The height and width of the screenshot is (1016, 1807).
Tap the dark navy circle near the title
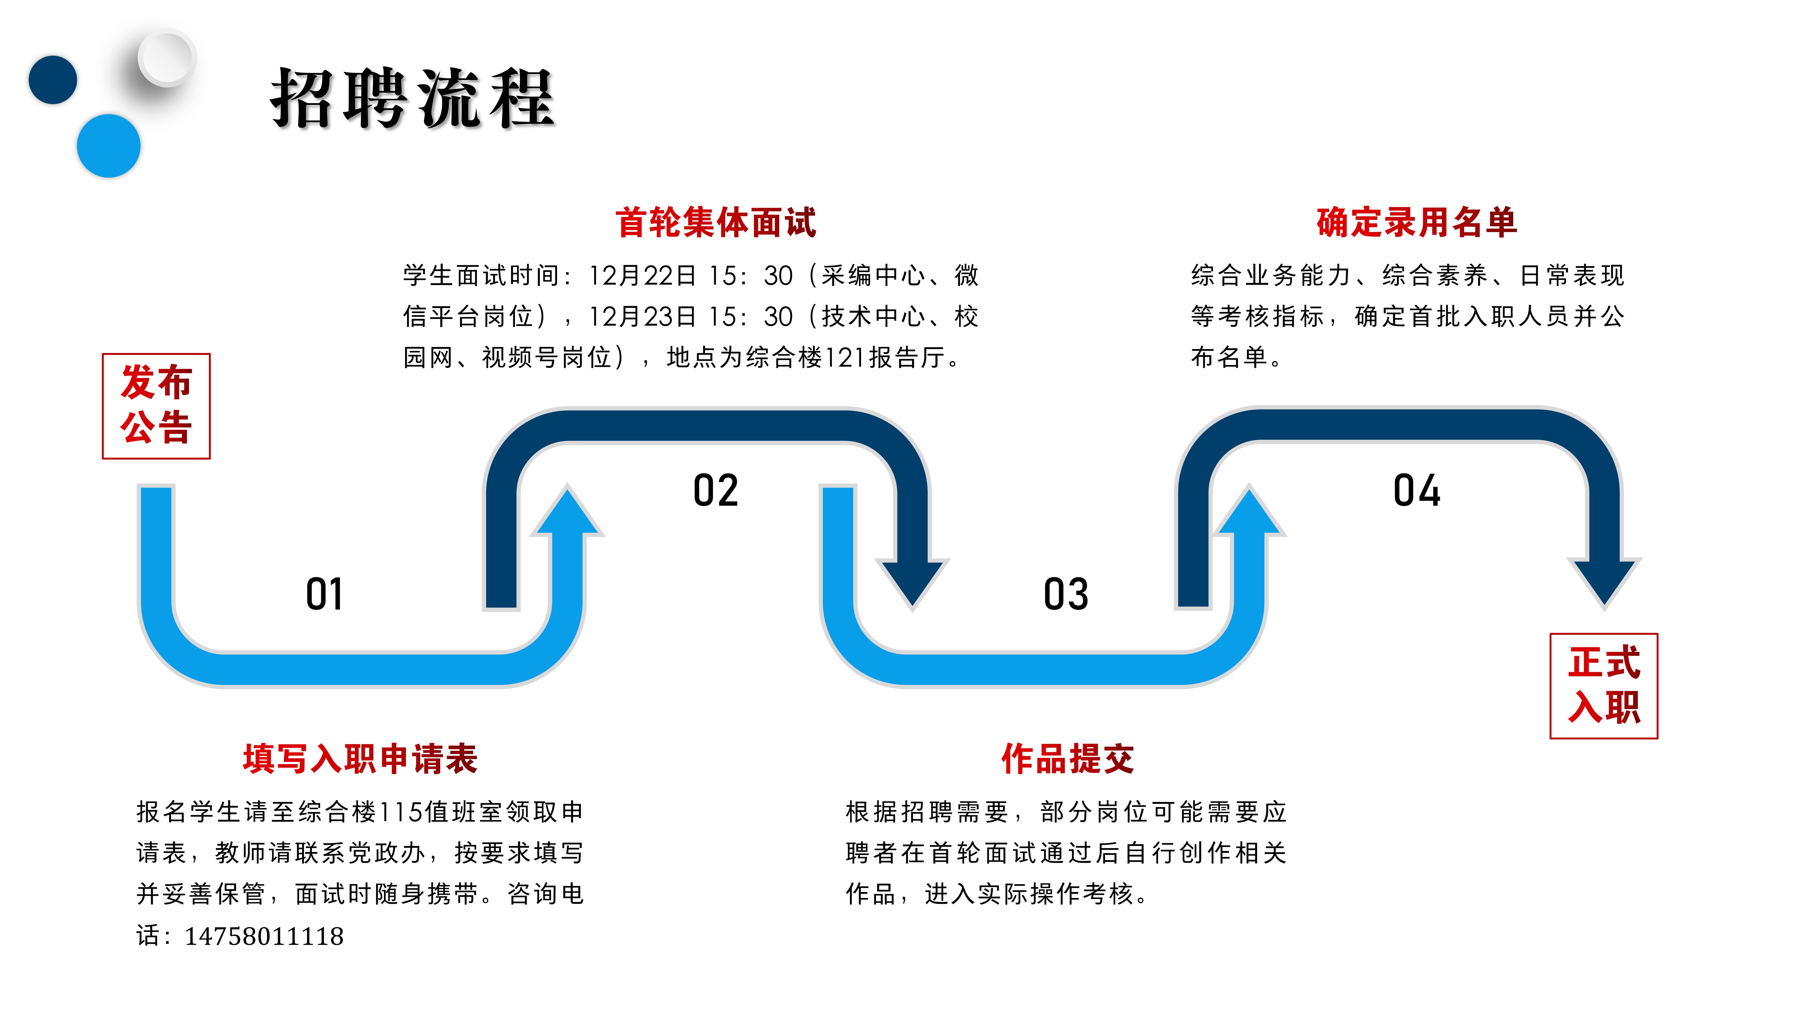pyautogui.click(x=53, y=79)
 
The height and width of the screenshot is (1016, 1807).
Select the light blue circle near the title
pyautogui.click(x=109, y=145)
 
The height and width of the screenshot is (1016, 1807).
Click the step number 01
pyautogui.click(x=324, y=595)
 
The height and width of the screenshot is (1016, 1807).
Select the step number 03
pyautogui.click(x=1066, y=595)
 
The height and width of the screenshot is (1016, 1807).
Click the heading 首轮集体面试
pyautogui.click(x=716, y=222)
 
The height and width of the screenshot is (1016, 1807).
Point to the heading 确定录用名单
pyautogui.click(x=1416, y=222)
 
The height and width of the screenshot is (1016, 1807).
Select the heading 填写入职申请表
pyautogui.click(x=360, y=759)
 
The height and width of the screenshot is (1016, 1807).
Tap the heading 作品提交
pyautogui.click(x=1067, y=759)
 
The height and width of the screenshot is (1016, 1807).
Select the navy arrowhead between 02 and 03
pyautogui.click(x=912, y=581)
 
